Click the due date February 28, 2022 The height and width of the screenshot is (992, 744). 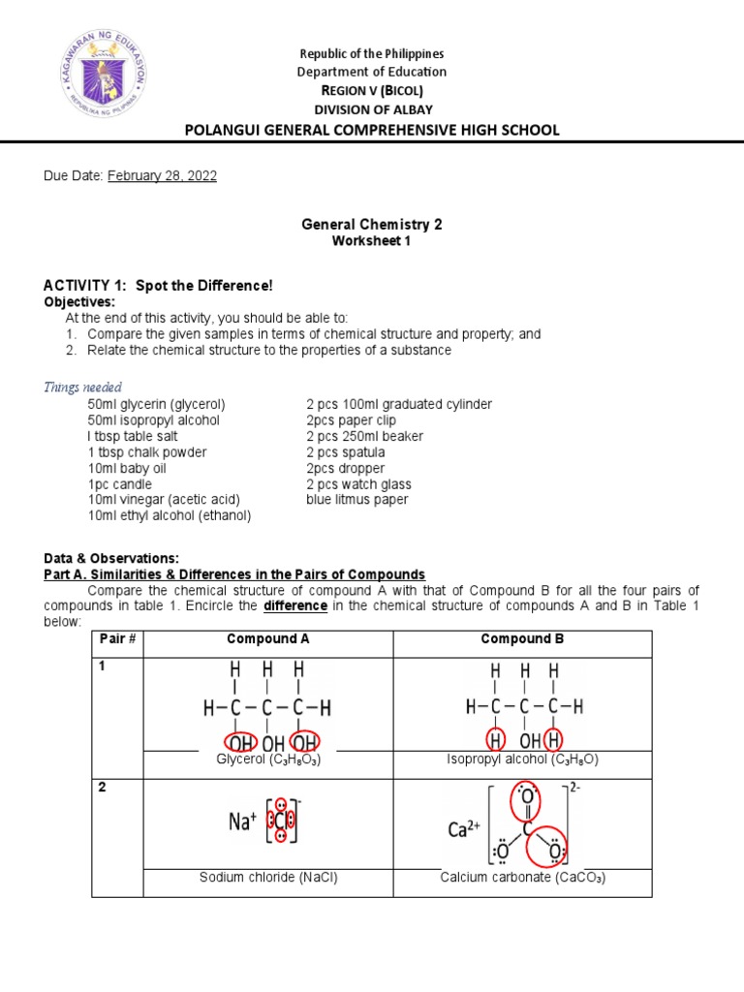pyautogui.click(x=162, y=175)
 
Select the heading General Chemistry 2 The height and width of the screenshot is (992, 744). pyautogui.click(x=372, y=224)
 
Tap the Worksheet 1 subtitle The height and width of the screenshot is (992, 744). pyautogui.click(x=372, y=241)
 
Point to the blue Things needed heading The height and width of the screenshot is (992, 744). pyautogui.click(x=83, y=387)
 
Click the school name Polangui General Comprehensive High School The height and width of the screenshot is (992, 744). pyautogui.click(x=372, y=130)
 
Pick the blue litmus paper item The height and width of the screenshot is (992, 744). pyautogui.click(x=356, y=500)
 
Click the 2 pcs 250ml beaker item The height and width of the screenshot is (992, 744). pyautogui.click(x=364, y=436)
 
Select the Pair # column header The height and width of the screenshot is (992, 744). pyautogui.click(x=117, y=640)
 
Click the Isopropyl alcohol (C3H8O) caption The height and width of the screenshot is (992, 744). pyautogui.click(x=522, y=760)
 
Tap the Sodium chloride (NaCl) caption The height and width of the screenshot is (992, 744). pyautogui.click(x=268, y=878)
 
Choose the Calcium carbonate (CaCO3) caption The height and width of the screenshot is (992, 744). pyautogui.click(x=522, y=878)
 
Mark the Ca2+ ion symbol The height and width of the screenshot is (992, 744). pyautogui.click(x=463, y=830)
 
